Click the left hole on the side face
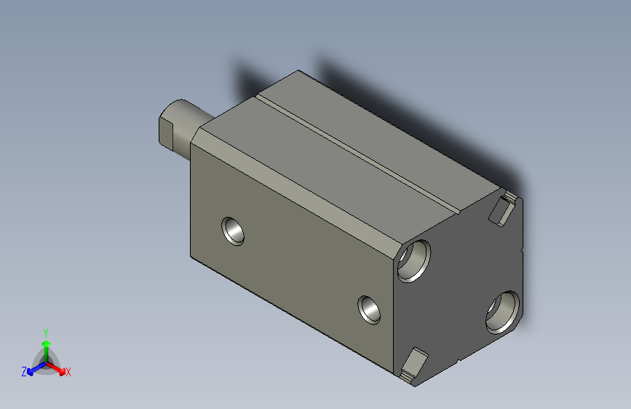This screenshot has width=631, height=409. pyautogui.click(x=234, y=230)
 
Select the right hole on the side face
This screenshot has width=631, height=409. pyautogui.click(x=370, y=309)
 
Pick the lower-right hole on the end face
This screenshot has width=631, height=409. pyautogui.click(x=503, y=311)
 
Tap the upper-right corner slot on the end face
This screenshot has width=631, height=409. pyautogui.click(x=505, y=208)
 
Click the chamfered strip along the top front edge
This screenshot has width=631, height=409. pyautogui.click(x=298, y=181)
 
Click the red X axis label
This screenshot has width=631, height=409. pyautogui.click(x=68, y=373)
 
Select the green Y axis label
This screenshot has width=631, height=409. pyautogui.click(x=45, y=330)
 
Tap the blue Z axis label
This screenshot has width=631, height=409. pyautogui.click(x=24, y=372)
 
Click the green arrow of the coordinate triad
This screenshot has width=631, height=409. pyautogui.click(x=45, y=346)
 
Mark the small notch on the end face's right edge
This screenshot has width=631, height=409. pyautogui.click(x=522, y=251)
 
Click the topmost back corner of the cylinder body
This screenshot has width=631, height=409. pyautogui.click(x=298, y=71)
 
